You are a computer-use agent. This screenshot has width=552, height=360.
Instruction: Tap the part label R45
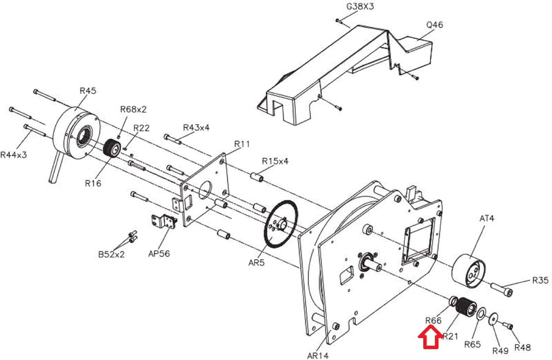point(88,91)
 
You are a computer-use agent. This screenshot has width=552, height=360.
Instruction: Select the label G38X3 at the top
point(360,6)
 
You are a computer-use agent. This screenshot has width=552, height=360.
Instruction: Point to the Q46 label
point(435,25)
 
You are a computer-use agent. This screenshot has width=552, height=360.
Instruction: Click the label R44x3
point(14,155)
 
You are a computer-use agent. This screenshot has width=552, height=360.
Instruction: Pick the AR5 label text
point(256,263)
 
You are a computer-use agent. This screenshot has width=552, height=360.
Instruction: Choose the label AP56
point(159,254)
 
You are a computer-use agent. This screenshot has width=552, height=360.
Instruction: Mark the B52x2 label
point(112,254)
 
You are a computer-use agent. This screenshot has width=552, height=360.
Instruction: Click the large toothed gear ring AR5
point(281,224)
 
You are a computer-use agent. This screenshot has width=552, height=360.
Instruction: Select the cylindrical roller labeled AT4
point(469,271)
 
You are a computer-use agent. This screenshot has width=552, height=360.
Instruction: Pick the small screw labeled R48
point(507,325)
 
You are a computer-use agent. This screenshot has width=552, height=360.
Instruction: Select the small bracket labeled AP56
point(164,221)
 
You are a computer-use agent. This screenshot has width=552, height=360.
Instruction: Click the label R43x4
point(196,128)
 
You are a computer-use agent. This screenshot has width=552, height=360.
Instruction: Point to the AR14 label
point(318,356)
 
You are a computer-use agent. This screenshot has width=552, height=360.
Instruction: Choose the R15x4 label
point(275,161)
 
